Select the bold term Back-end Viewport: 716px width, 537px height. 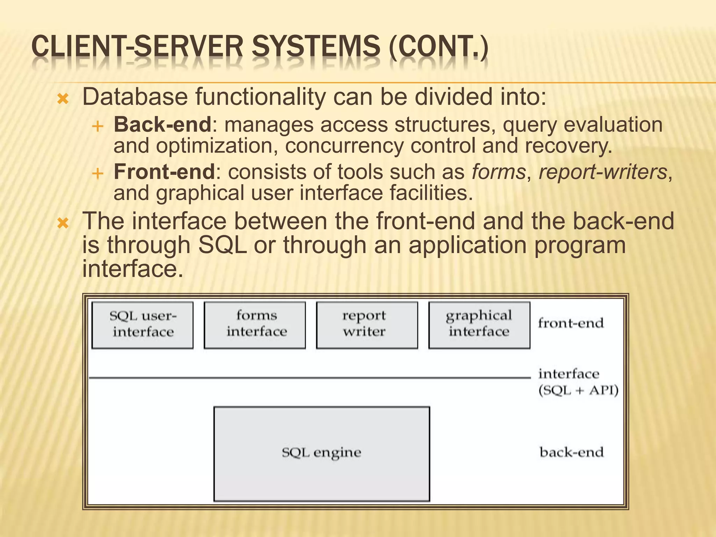[163, 124]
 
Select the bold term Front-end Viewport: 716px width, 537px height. [164, 172]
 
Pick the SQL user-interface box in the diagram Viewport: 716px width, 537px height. [143, 325]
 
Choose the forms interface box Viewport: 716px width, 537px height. [255, 325]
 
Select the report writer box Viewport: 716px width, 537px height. [367, 325]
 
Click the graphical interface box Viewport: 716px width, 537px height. [479, 325]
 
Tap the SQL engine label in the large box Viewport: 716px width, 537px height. [321, 453]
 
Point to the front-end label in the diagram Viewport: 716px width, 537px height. [571, 323]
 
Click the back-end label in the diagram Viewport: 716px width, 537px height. [572, 452]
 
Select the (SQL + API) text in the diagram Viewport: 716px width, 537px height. [578, 390]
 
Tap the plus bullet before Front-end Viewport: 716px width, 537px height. [98, 174]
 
